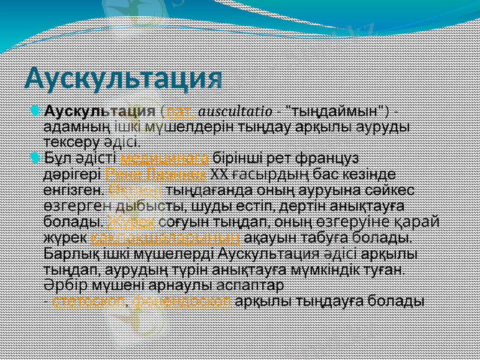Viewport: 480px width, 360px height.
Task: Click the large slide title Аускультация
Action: [124, 77]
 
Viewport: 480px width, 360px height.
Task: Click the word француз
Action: [333, 159]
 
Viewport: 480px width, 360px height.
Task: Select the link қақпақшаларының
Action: [169, 237]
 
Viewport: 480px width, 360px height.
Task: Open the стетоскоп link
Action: [88, 300]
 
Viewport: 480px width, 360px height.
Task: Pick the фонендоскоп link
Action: [182, 300]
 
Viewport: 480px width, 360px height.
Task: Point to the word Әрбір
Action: [61, 284]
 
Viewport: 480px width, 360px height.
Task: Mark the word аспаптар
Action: [251, 284]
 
